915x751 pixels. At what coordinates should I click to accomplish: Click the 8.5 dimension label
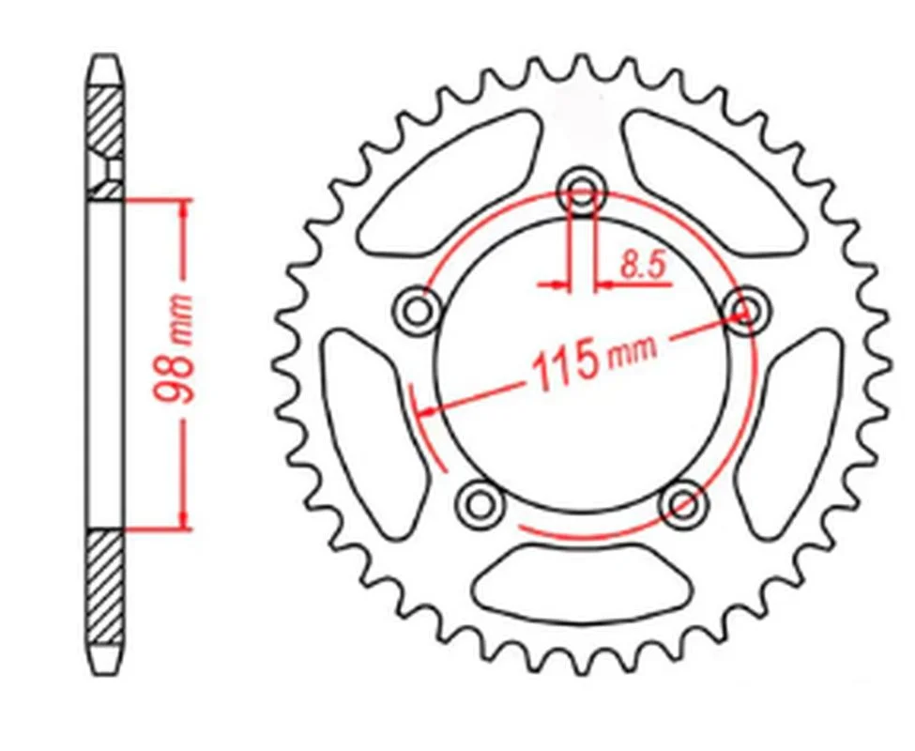tap(643, 264)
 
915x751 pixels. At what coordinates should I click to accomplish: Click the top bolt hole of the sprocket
tap(582, 191)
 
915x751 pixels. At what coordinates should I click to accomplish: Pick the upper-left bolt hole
tap(417, 310)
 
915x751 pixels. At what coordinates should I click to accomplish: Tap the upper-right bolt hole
tap(744, 310)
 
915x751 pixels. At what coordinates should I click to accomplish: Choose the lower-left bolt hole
tap(480, 504)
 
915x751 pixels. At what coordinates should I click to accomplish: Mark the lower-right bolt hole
tap(683, 504)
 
